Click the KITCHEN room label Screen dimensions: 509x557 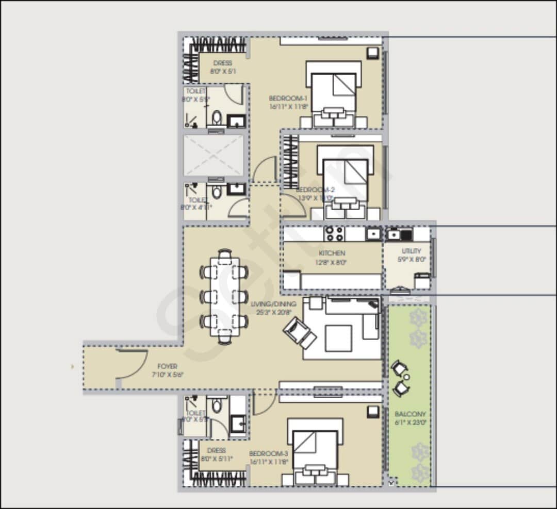332,253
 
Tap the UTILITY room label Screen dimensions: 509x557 412,251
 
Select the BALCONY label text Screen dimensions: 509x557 410,414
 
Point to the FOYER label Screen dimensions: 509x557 167,366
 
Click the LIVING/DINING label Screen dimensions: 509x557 273,304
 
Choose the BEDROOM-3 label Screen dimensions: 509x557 268,453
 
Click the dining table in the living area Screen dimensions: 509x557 225,296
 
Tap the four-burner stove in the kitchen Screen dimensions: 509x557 334,234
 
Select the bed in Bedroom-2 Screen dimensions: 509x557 345,181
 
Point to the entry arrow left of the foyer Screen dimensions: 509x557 73,367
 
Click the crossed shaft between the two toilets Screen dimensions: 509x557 213,156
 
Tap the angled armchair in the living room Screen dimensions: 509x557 299,332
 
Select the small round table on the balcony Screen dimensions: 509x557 406,378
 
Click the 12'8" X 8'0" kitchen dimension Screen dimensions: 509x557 332,262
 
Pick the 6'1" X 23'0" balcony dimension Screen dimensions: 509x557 410,422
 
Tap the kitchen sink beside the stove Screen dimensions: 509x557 372,234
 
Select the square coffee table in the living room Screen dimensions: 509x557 339,338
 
